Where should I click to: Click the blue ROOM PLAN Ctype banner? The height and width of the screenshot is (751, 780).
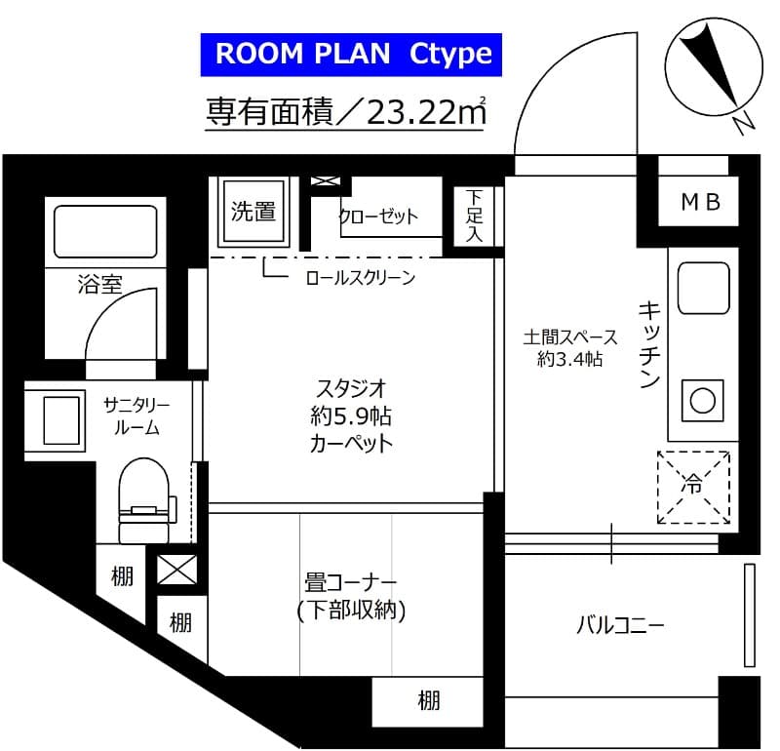(x=352, y=54)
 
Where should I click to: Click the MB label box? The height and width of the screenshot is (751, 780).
(x=699, y=202)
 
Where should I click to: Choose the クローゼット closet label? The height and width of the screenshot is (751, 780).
(x=377, y=216)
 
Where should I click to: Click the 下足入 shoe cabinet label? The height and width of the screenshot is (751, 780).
(x=474, y=214)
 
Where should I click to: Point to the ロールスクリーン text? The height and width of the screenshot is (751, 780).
(x=360, y=278)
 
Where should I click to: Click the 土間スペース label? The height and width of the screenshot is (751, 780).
(x=569, y=337)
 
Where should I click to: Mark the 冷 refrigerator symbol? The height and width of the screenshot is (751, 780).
(x=693, y=483)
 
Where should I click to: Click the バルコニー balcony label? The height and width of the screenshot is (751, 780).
(x=619, y=625)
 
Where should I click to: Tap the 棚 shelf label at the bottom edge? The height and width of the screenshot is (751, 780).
(x=428, y=699)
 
